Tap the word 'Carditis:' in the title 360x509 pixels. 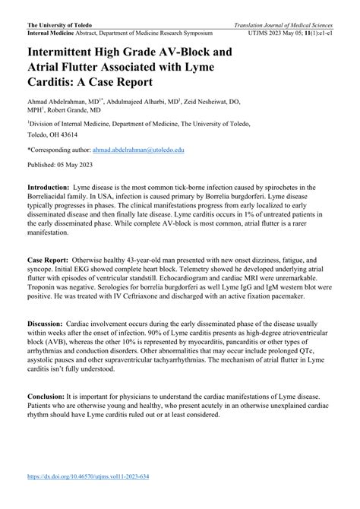(x=56, y=83)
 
